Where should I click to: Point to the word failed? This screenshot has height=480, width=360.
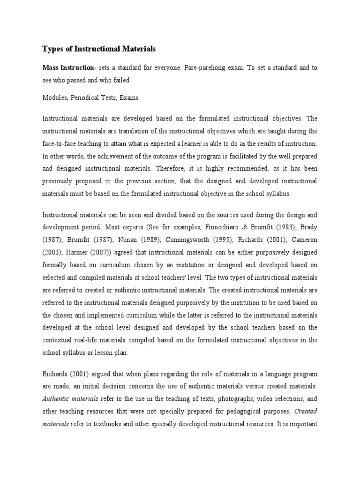(x=121, y=80)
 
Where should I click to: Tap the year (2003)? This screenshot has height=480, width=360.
(x=52, y=252)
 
